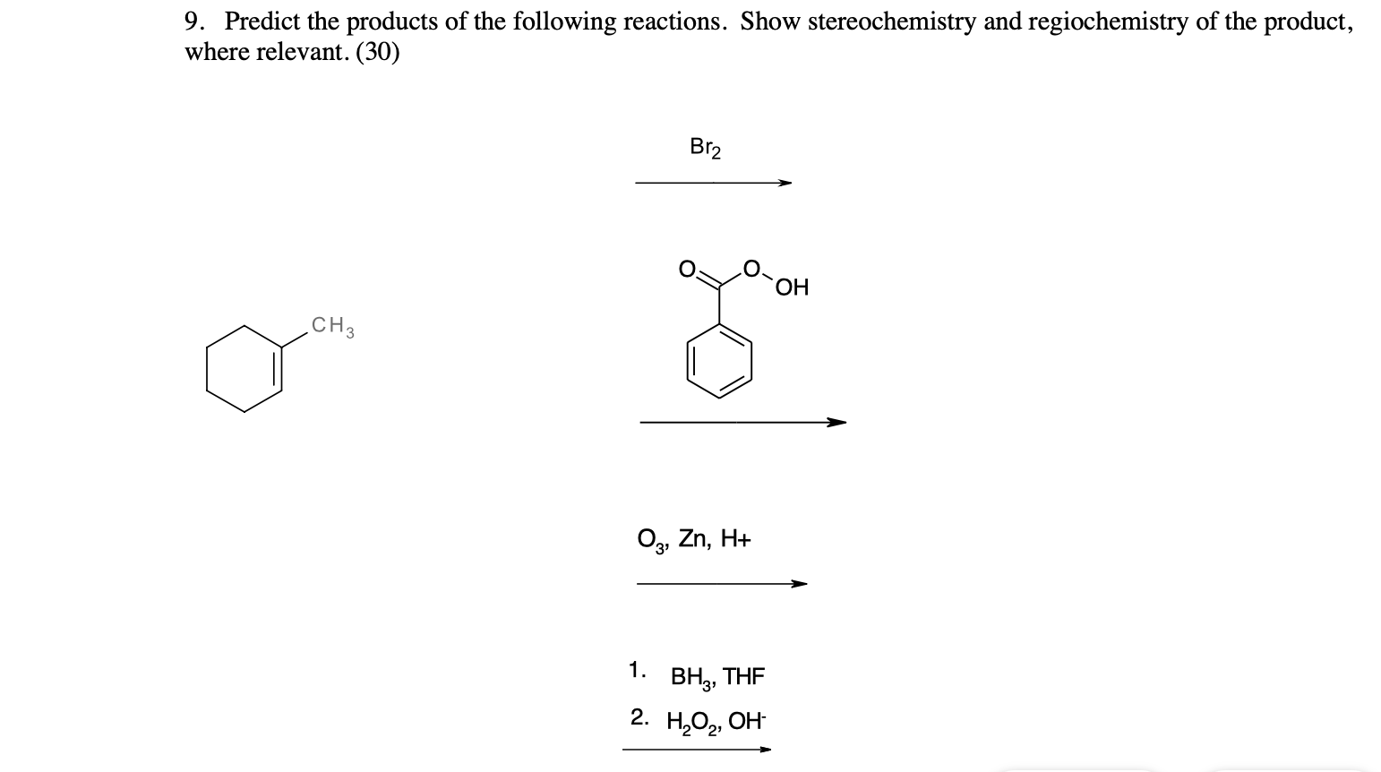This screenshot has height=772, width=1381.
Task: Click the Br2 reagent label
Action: point(706,147)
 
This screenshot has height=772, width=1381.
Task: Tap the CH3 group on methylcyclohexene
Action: point(332,326)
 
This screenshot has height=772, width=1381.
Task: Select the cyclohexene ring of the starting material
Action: point(244,368)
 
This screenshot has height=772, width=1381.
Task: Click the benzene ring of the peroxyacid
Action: point(719,362)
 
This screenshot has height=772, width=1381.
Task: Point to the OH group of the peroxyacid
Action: point(793,287)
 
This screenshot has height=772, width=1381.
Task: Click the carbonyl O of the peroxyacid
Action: point(686,268)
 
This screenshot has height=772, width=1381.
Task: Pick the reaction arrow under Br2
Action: point(713,183)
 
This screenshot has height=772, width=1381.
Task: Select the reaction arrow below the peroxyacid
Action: point(742,422)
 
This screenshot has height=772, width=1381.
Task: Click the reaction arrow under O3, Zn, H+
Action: point(721,584)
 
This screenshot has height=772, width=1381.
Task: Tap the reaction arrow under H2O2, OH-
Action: point(696,750)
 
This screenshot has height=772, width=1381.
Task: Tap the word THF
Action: point(743,676)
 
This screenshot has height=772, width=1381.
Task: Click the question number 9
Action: point(193,21)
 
